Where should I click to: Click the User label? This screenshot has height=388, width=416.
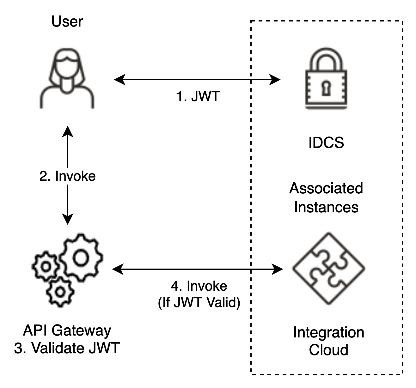[67, 22]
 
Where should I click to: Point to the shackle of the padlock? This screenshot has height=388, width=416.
[326, 58]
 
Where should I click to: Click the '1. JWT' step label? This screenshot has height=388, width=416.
[198, 96]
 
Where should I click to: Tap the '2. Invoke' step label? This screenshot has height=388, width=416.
[67, 176]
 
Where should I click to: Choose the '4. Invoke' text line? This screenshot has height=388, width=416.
[199, 286]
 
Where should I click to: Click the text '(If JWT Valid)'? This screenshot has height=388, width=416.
[199, 302]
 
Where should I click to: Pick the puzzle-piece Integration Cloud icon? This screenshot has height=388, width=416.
[328, 269]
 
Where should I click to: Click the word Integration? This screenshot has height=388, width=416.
[328, 333]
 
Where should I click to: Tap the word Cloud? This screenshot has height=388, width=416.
[328, 350]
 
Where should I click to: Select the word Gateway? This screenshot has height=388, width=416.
[81, 330]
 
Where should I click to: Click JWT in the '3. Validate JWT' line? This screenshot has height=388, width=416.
[104, 348]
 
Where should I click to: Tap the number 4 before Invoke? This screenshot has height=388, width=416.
[175, 286]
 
